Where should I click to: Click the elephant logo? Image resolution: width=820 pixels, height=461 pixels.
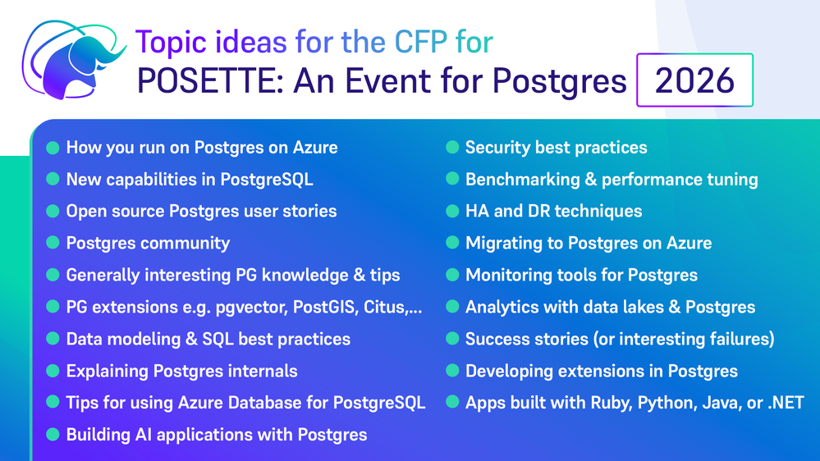[73, 60]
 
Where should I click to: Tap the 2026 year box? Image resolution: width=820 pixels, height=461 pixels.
[694, 80]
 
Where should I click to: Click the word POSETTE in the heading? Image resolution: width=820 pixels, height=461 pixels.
[210, 81]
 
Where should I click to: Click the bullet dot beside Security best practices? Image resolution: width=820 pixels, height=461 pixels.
[452, 148]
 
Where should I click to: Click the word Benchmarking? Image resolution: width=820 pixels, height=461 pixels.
[522, 180]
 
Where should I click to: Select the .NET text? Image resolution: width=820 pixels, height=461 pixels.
[786, 403]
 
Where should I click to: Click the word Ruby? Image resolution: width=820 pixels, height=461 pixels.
[611, 403]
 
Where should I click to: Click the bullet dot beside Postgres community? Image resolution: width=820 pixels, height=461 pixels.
[53, 243]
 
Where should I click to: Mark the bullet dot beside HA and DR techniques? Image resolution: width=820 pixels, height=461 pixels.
[452, 211]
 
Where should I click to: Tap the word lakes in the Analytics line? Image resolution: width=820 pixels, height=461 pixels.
[643, 307]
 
